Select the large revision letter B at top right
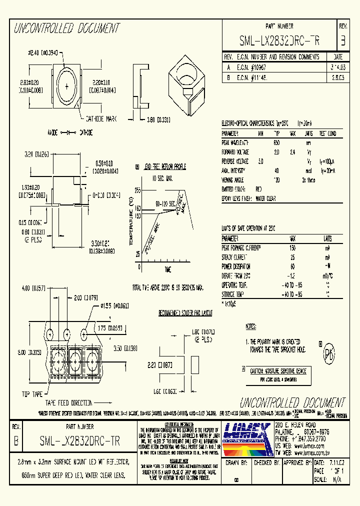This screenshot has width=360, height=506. pos(342,40)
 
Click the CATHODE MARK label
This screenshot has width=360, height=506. pos(101,119)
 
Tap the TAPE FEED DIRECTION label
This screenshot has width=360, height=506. pos(69,402)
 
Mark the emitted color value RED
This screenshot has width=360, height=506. pos(258,189)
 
